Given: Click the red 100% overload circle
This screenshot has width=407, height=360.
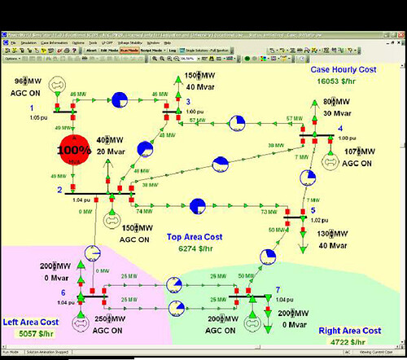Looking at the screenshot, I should coord(74,151).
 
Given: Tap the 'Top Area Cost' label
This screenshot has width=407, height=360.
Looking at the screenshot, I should coord(195,237).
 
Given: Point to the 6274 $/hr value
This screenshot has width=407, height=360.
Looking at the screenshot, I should coord(195,248).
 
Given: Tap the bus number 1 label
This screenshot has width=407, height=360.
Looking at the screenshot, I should coord(32,108).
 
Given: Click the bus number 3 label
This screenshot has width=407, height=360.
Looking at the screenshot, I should coord(187,102).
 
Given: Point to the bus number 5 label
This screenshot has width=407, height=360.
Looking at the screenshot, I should coord(313,211).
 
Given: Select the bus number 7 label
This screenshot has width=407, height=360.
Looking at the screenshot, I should coord(278,290).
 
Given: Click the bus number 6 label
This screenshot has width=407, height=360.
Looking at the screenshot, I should coord(63,292).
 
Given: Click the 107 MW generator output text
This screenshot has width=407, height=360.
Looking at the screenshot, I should coord(361,151).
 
